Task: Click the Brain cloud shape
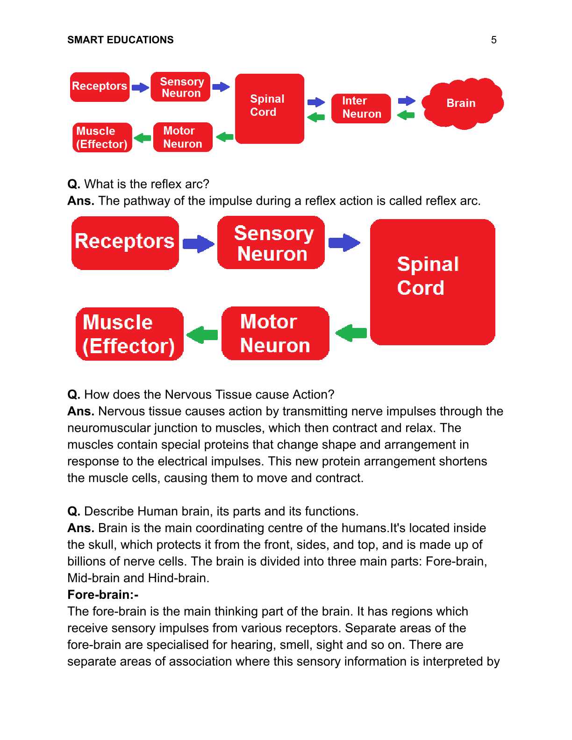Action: pos(462,104)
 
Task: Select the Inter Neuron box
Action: pos(361,108)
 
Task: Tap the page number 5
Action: pos(493,40)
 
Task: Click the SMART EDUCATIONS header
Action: pos(120,40)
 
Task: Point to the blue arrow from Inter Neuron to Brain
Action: pos(407,100)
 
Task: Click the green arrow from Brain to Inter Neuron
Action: pos(406,115)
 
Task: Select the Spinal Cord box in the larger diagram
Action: pos(432,282)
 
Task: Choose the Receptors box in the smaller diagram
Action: pos(100,87)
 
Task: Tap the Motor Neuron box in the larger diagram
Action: pos(275,334)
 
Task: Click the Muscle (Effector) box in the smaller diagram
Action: pos(102,137)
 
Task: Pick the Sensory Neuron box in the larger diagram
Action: pos(271,243)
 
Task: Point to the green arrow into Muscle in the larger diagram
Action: pos(202,334)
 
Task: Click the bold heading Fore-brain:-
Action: pos(103,595)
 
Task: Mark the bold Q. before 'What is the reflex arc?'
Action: pos(74,184)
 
